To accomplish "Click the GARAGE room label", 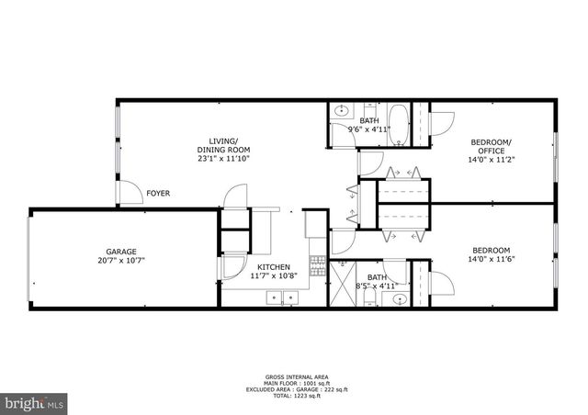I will [x=120, y=252].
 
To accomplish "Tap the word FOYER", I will [x=158, y=193].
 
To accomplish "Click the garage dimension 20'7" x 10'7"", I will [x=120, y=261].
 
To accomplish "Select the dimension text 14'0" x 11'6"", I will [x=492, y=260].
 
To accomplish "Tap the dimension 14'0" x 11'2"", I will [x=492, y=159].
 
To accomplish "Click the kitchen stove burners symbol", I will [x=317, y=266].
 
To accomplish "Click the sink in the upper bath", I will [x=340, y=111].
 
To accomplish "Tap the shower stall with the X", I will [x=342, y=275].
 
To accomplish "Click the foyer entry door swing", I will [x=127, y=191].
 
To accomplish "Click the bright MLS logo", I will [x=35, y=401].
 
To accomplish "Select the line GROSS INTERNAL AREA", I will [x=293, y=376].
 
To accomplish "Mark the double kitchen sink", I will [x=282, y=297].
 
